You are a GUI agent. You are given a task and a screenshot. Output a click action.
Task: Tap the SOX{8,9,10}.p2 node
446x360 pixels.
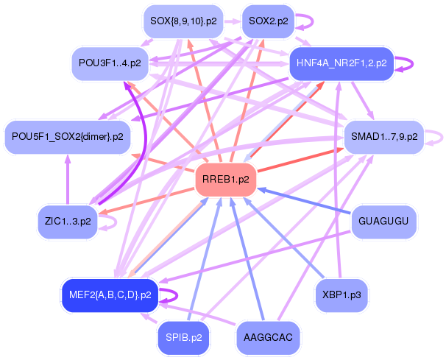183,21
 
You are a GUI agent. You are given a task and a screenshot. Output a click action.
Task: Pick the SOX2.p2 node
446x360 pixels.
268,21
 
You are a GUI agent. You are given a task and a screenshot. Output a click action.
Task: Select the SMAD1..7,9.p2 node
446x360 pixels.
383,136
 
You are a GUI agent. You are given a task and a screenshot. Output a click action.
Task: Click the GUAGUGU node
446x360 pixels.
383,221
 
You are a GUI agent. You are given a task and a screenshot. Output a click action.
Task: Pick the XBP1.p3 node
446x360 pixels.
341,295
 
